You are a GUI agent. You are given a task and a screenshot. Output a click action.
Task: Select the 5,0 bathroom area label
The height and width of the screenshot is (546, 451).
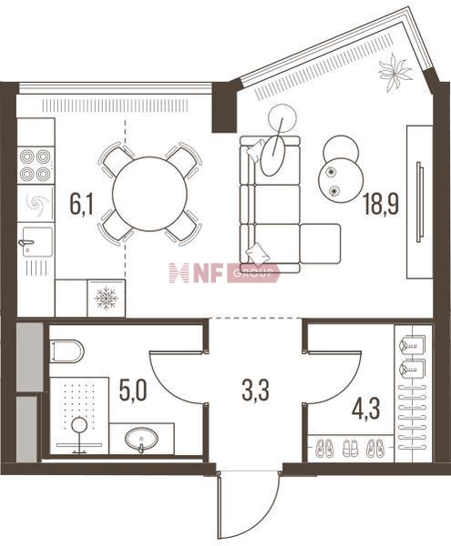pyautogui.click(x=133, y=390)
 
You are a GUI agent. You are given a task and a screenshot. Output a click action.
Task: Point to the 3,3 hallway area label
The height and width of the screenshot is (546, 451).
pyautogui.click(x=256, y=390)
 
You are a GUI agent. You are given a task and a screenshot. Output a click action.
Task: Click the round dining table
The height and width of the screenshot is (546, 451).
pyautogui.click(x=149, y=194)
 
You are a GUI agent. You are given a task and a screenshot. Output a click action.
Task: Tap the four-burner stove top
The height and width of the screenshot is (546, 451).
pyautogui.click(x=36, y=165)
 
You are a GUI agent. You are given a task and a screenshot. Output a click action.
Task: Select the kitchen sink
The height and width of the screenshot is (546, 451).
pyautogui.click(x=37, y=242)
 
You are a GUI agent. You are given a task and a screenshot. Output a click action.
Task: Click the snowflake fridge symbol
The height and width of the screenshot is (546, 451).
pyautogui.click(x=107, y=298)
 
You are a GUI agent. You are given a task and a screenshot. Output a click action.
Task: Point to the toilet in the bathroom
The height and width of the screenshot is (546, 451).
pyautogui.click(x=67, y=351)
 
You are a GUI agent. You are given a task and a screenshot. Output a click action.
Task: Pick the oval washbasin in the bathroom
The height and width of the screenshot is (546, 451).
pyautogui.click(x=142, y=440)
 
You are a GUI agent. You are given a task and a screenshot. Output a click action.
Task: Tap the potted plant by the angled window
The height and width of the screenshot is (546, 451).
pyautogui.click(x=395, y=73)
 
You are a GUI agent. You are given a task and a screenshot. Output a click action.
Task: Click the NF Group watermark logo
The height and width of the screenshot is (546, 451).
pyautogui.click(x=224, y=273)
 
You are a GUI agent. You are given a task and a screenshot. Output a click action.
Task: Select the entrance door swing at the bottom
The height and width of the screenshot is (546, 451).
pyautogui.click(x=250, y=509)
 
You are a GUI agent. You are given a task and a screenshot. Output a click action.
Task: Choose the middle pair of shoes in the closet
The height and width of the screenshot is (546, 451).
pyautogui.click(x=349, y=448)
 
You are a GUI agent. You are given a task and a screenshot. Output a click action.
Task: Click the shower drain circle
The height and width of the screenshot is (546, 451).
pyautogui.click(x=80, y=425)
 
